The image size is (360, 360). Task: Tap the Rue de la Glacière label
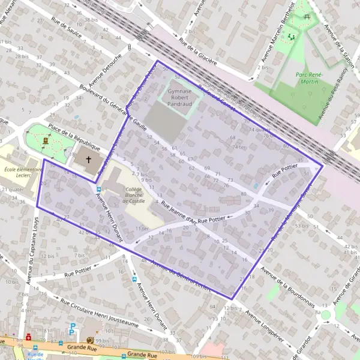point(203,53)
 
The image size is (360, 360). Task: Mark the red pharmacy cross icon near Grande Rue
point(28,338)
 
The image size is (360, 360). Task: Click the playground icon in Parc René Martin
point(292,37)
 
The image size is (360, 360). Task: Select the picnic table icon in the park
point(308,17)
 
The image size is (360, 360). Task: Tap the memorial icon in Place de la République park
point(46,140)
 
